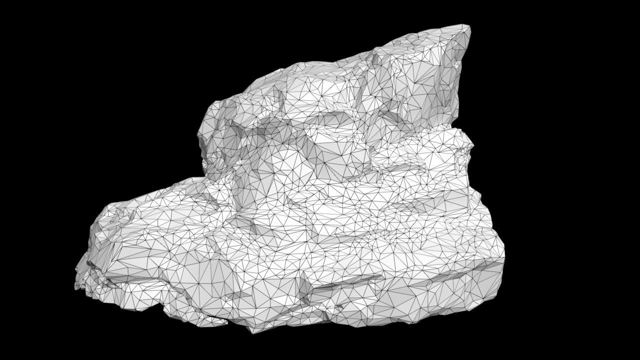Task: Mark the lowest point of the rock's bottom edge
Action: coord(252,332)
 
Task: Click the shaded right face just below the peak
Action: coord(452,75)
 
